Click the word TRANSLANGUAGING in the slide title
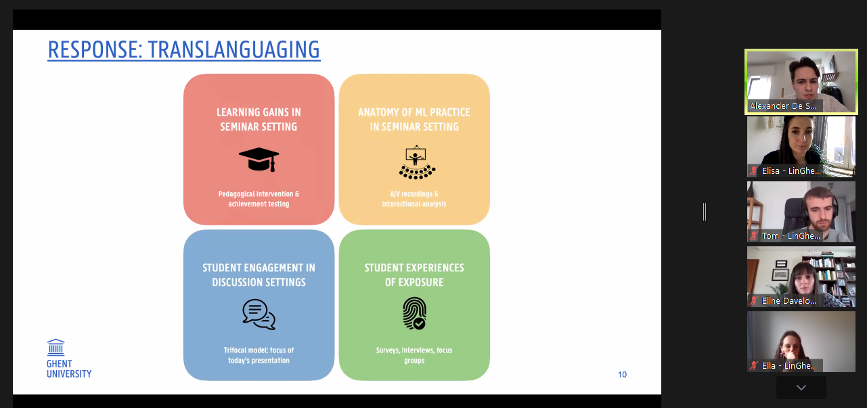(x=234, y=49)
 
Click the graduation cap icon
(x=259, y=160)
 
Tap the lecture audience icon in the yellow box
(x=417, y=162)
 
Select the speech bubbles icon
(x=259, y=315)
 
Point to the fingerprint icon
(x=414, y=313)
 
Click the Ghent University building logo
(x=55, y=348)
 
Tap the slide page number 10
(x=622, y=374)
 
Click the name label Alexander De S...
(x=782, y=106)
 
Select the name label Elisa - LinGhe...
(x=791, y=171)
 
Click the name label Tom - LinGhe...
(x=791, y=235)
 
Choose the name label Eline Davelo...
(x=788, y=301)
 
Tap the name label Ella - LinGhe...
(x=789, y=366)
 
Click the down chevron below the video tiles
(x=801, y=388)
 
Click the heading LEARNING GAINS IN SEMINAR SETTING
(x=259, y=119)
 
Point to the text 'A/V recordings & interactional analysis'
(x=414, y=199)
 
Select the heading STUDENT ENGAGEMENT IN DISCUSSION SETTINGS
(x=259, y=275)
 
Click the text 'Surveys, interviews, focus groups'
(x=414, y=355)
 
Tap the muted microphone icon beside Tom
(x=753, y=235)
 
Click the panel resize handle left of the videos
(x=705, y=212)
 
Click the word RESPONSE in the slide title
(x=95, y=49)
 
